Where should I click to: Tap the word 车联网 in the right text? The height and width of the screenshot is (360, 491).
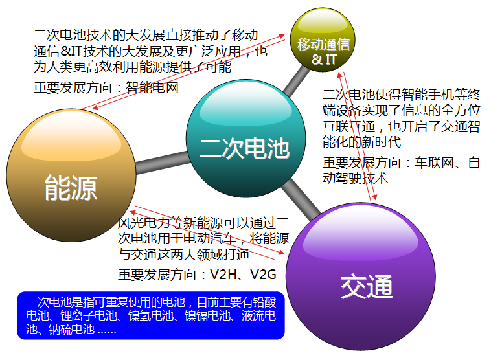[434, 163]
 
